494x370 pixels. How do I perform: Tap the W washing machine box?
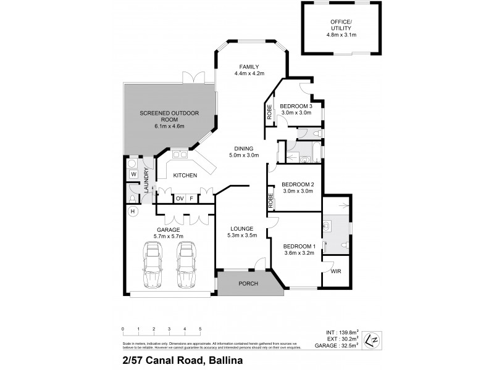[133, 175]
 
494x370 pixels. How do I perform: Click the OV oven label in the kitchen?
[180, 198]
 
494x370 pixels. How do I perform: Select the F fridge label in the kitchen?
[192, 198]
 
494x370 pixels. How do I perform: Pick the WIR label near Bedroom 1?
[336, 271]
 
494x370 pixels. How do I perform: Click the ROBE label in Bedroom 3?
[270, 112]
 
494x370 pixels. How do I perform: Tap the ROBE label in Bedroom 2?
[271, 200]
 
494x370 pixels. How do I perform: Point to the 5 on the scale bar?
[199, 329]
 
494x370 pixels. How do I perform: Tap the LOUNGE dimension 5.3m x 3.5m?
[241, 236]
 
